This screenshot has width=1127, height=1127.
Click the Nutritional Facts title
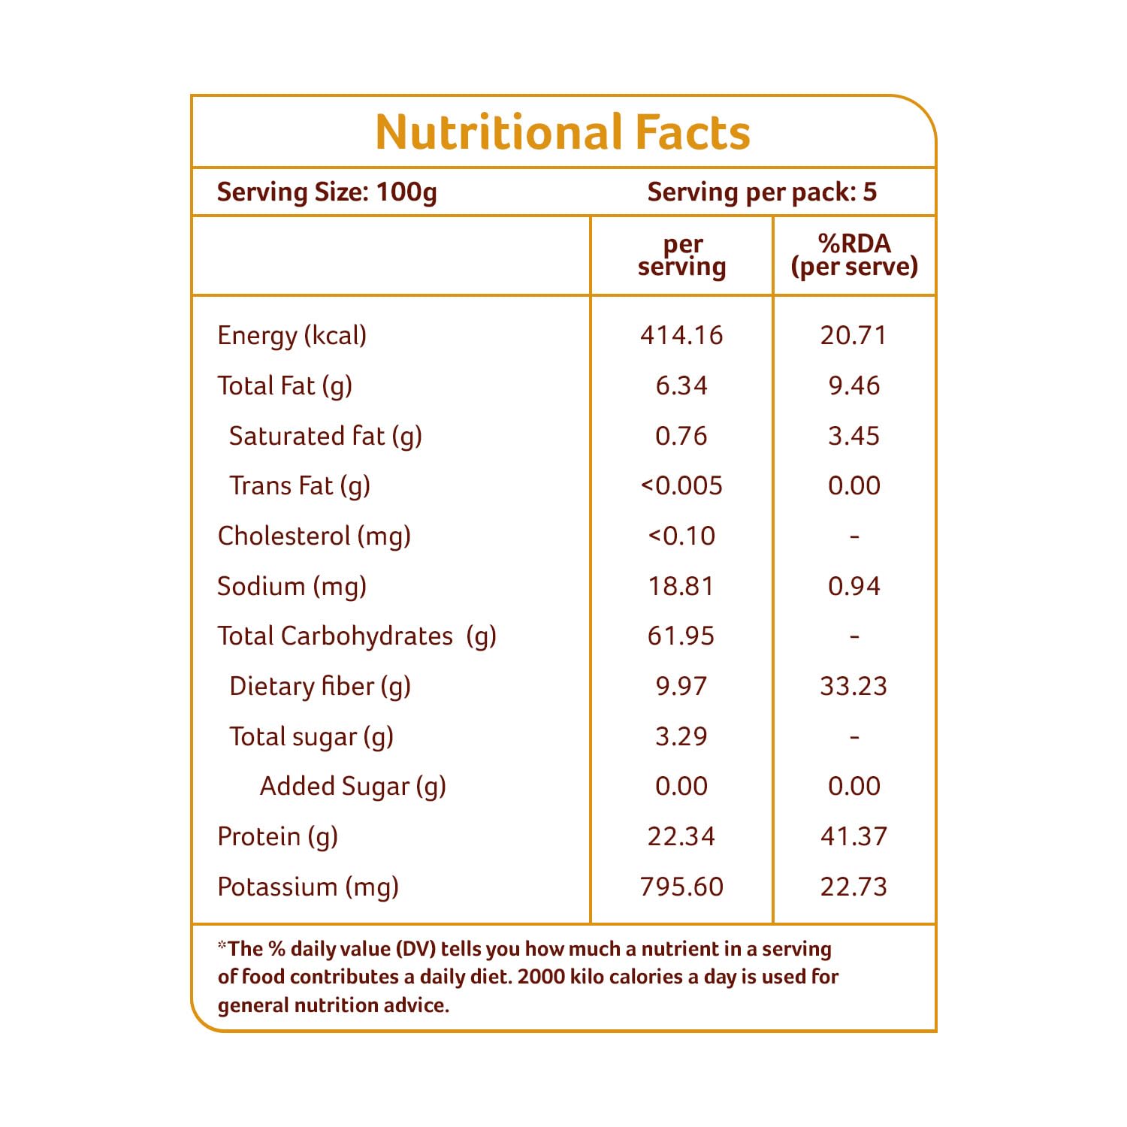[x=563, y=132]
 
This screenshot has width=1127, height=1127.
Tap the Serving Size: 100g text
[x=327, y=192]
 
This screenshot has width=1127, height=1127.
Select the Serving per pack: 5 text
[x=762, y=192]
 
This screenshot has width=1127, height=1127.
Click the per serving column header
[x=682, y=255]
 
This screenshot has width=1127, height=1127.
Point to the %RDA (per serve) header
[x=854, y=255]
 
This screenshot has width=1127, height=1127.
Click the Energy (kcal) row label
[x=292, y=335]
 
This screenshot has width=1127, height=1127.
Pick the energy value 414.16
[x=681, y=335]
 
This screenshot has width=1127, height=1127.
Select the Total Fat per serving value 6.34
[x=681, y=385]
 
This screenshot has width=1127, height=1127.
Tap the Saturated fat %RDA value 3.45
[x=854, y=436]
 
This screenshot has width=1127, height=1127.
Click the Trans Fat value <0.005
[x=681, y=486]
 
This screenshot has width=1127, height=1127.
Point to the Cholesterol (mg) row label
[x=314, y=536]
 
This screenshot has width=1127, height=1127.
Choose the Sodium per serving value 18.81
[x=681, y=586]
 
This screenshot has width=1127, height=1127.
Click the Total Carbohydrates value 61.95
[x=681, y=636]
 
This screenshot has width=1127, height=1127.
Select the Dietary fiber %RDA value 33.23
[x=854, y=686]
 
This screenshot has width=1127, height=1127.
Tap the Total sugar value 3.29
[x=681, y=736]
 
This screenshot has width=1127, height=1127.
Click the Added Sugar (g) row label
[x=352, y=787]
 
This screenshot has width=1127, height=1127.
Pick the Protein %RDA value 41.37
[x=854, y=836]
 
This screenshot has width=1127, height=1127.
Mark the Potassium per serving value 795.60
[x=681, y=887]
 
